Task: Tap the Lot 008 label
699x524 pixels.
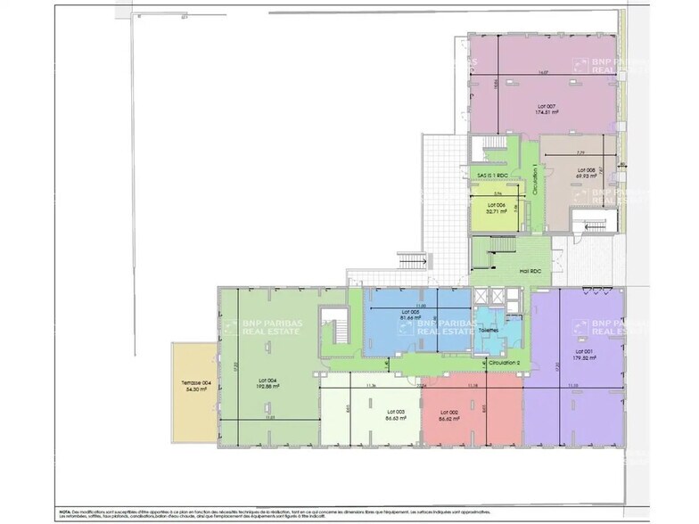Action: tap(586, 169)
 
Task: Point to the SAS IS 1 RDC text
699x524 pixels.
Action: tap(491, 175)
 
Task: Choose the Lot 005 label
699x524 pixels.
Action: tap(410, 312)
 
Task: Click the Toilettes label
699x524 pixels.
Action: tap(488, 330)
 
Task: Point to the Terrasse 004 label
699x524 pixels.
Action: tap(194, 383)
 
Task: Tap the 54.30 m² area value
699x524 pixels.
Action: tap(194, 390)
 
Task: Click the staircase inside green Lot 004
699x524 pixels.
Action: tap(336, 331)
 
